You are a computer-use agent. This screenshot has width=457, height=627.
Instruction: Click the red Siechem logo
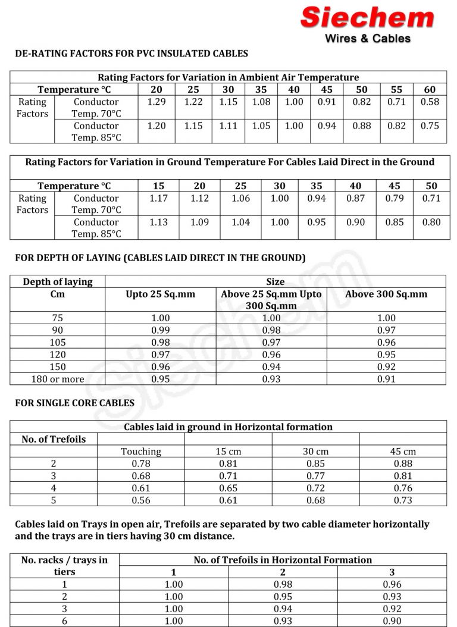[x=367, y=17]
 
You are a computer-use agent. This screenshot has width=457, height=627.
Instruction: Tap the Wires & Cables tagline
[x=367, y=39]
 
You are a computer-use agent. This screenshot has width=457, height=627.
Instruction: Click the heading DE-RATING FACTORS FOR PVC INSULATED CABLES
[x=131, y=54]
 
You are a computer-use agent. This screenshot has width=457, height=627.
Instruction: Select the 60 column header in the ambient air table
[x=430, y=89]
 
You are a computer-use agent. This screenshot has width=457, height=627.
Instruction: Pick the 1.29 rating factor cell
[x=156, y=102]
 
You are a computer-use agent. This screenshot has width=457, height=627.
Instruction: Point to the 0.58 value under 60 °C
[x=430, y=102]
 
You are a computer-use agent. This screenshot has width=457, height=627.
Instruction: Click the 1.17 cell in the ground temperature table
[x=159, y=198]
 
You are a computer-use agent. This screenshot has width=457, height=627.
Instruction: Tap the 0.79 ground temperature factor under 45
[x=394, y=198]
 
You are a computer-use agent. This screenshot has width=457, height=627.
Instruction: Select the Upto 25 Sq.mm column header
[x=161, y=294]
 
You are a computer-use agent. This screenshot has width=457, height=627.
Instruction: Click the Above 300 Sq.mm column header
[x=386, y=294]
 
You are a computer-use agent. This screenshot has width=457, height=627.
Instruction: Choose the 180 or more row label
[x=57, y=379]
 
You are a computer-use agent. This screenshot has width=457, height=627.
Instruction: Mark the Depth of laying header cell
[x=57, y=281]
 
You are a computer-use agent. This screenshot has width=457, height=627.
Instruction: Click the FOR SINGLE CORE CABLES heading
[x=74, y=403]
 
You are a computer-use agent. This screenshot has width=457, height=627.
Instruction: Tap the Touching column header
[x=141, y=452]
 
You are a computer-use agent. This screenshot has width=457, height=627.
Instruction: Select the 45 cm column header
[x=403, y=452]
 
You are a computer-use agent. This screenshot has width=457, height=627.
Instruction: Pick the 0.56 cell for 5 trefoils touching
[x=141, y=500]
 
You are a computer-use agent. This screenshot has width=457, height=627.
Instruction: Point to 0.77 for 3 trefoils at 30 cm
[x=316, y=476]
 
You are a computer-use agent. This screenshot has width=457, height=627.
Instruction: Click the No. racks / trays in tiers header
[x=64, y=566]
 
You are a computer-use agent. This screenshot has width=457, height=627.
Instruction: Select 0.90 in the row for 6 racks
[x=392, y=621]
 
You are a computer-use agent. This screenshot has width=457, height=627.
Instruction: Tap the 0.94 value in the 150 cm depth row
[x=271, y=366]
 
